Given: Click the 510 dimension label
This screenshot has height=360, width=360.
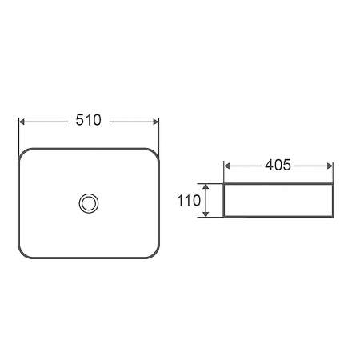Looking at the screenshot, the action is coord(88,120).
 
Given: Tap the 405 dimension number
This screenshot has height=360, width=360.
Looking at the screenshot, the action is coord(278,165).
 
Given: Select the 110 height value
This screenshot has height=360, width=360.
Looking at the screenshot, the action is coord(189,200).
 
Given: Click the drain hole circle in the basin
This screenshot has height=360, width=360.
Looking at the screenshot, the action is coord(89,203).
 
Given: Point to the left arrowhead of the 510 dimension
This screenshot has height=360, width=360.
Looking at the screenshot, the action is coord(22,122).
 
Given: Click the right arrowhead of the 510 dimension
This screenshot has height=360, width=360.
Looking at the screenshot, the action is coord(156,122).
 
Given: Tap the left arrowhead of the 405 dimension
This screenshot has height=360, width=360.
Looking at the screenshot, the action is coord(227,166).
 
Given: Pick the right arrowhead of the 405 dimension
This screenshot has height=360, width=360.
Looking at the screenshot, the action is coord(330,166).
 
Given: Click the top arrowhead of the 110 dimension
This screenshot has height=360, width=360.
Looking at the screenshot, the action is coord(206,186).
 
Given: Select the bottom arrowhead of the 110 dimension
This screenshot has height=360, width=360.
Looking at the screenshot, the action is coord(206,214).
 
